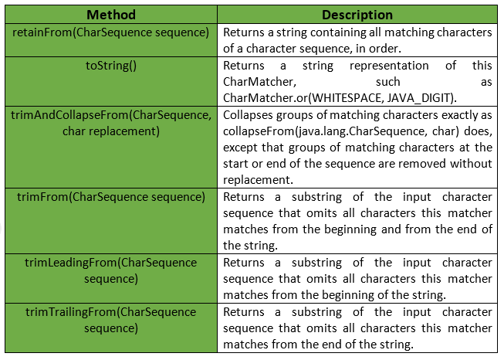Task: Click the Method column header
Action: (x=111, y=15)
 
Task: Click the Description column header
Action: (x=357, y=15)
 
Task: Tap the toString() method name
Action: (x=111, y=66)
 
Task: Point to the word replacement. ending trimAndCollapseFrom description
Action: (x=258, y=180)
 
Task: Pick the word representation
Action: (x=389, y=66)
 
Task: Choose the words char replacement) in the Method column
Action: (x=111, y=131)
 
